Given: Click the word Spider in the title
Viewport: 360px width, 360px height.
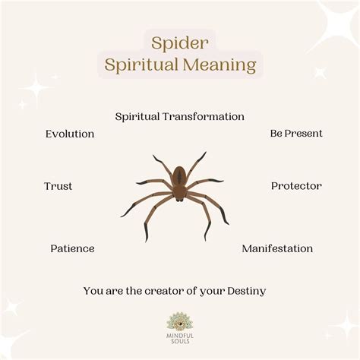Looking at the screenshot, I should tap(179, 43).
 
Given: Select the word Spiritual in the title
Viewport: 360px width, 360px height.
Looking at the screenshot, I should tap(144, 67).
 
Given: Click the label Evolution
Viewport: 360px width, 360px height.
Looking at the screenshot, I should tap(70, 134).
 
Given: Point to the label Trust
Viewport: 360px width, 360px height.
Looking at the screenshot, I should tap(58, 186).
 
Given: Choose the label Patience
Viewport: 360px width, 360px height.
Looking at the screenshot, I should tap(72, 248).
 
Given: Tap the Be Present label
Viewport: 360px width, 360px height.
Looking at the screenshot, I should tap(296, 134).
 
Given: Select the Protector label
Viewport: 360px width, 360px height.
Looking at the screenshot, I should tap(296, 186).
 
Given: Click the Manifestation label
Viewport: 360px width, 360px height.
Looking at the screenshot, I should tap(277, 248).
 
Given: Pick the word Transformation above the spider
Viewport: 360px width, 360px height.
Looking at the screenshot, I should tap(207, 116).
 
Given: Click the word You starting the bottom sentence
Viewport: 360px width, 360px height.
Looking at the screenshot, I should tap(93, 290).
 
